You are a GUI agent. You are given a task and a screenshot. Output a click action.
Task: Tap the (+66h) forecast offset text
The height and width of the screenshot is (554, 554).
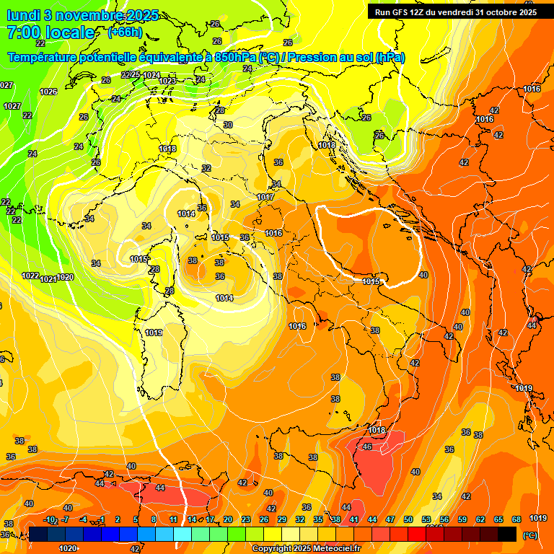tap(125, 32)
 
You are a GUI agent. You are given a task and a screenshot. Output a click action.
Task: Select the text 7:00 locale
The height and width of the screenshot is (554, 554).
tap(50, 32)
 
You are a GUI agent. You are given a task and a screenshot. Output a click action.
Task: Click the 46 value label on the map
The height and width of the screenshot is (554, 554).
tap(367, 447)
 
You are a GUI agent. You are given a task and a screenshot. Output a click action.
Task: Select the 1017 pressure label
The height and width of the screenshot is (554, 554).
tap(265, 197)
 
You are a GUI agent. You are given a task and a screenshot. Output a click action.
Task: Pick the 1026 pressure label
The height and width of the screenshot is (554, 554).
tap(48, 92)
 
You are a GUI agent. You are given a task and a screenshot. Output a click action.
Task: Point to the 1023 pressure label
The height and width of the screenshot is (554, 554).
tap(167, 81)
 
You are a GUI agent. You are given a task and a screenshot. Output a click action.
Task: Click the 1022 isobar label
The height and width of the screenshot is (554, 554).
tap(30, 276)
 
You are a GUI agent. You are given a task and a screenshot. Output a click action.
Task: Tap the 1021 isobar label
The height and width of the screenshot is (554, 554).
tap(48, 278)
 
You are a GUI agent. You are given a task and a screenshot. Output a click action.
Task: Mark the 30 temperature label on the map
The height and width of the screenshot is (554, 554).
tap(228, 125)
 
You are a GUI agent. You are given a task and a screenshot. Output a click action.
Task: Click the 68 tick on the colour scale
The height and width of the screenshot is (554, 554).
tap(516, 519)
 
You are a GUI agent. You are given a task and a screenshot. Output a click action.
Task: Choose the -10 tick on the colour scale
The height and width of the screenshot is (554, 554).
tap(49, 519)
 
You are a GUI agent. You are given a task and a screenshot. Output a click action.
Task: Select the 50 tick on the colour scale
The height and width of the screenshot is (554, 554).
tap(408, 519)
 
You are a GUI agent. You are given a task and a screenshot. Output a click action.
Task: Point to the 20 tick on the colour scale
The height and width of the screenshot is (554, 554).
tap(228, 519)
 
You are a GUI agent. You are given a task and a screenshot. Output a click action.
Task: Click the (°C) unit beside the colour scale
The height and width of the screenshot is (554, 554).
tap(529, 535)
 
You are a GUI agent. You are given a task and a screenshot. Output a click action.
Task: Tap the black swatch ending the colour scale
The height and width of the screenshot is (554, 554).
tap(507, 534)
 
